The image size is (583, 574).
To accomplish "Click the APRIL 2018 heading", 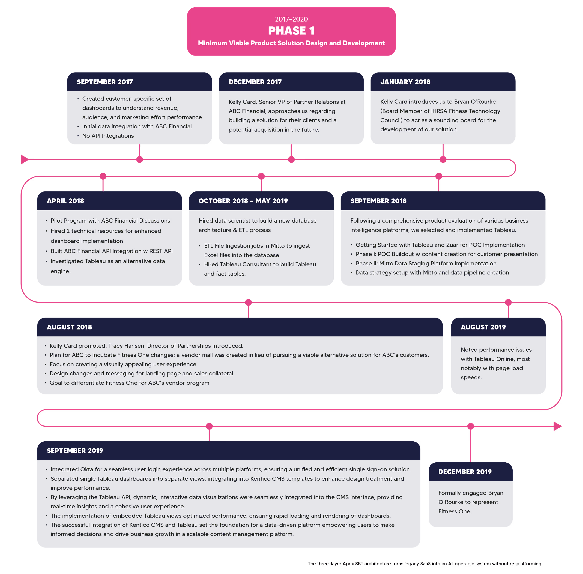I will coord(65,201).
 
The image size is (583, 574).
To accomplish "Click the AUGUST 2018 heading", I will coord(69,327).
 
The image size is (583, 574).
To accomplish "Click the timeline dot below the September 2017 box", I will coord(139,160).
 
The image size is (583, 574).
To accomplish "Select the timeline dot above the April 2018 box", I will coord(103,176).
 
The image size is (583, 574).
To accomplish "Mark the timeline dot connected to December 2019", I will coord(470,426).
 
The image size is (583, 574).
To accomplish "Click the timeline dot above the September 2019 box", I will coord(209,426).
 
